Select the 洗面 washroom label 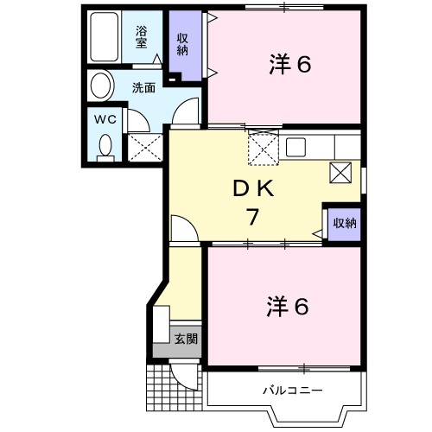pyautogui.click(x=143, y=87)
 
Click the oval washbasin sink pyautogui.click(x=102, y=86)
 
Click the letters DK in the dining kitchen pyautogui.click(x=252, y=189)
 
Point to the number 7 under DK pyautogui.click(x=252, y=217)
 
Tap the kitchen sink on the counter pyautogui.click(x=295, y=146)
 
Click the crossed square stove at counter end pyautogui.click(x=340, y=173)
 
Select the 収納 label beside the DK pyautogui.click(x=344, y=223)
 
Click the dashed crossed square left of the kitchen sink pyautogui.click(x=260, y=148)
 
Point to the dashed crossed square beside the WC pyautogui.click(x=144, y=147)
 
